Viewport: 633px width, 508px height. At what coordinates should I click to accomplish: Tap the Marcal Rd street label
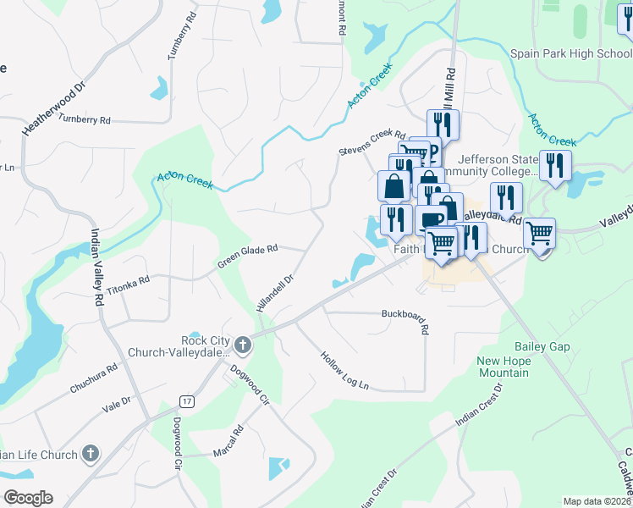click(x=228, y=441)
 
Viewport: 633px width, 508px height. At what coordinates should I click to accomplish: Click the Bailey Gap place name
click(x=542, y=347)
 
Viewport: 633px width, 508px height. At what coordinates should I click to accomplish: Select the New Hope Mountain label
click(x=503, y=367)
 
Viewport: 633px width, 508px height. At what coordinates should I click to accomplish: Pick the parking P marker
click(x=432, y=152)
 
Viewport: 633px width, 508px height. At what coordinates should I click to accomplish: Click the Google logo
click(x=28, y=498)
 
